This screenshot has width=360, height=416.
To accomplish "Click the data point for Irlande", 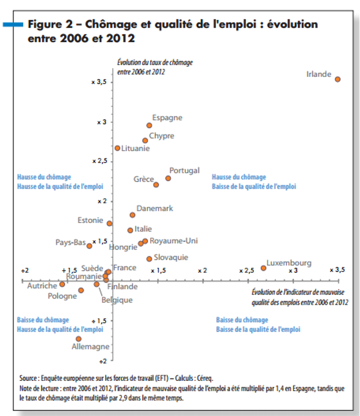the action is (x=337, y=79).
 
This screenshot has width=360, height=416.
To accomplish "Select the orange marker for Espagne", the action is (x=149, y=125).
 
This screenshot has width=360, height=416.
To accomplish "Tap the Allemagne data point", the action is (x=78, y=339).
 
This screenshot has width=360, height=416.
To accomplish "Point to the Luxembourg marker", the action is (x=263, y=268).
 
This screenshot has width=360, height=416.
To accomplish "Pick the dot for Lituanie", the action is (x=117, y=148).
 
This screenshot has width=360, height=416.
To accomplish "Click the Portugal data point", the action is (x=168, y=178).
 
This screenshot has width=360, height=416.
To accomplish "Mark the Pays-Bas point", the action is (x=89, y=246).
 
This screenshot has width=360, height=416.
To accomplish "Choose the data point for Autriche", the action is (x=62, y=284).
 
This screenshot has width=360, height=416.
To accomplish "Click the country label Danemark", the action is (x=155, y=208).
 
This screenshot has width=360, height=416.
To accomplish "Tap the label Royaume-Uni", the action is (x=174, y=241).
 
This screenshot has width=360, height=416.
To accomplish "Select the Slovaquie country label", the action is (x=171, y=257).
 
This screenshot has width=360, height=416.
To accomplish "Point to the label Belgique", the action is (x=117, y=300).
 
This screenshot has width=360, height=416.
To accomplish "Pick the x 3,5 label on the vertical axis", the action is (x=99, y=82).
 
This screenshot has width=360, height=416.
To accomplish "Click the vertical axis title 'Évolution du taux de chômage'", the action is (x=155, y=63).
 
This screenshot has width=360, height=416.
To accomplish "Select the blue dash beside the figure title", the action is (x=13, y=25).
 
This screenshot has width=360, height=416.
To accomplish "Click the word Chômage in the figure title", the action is (x=111, y=25).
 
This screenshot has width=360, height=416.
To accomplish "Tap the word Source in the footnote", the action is (x=28, y=378).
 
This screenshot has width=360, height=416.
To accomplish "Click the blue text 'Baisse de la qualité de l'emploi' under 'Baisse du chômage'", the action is (x=258, y=330).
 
